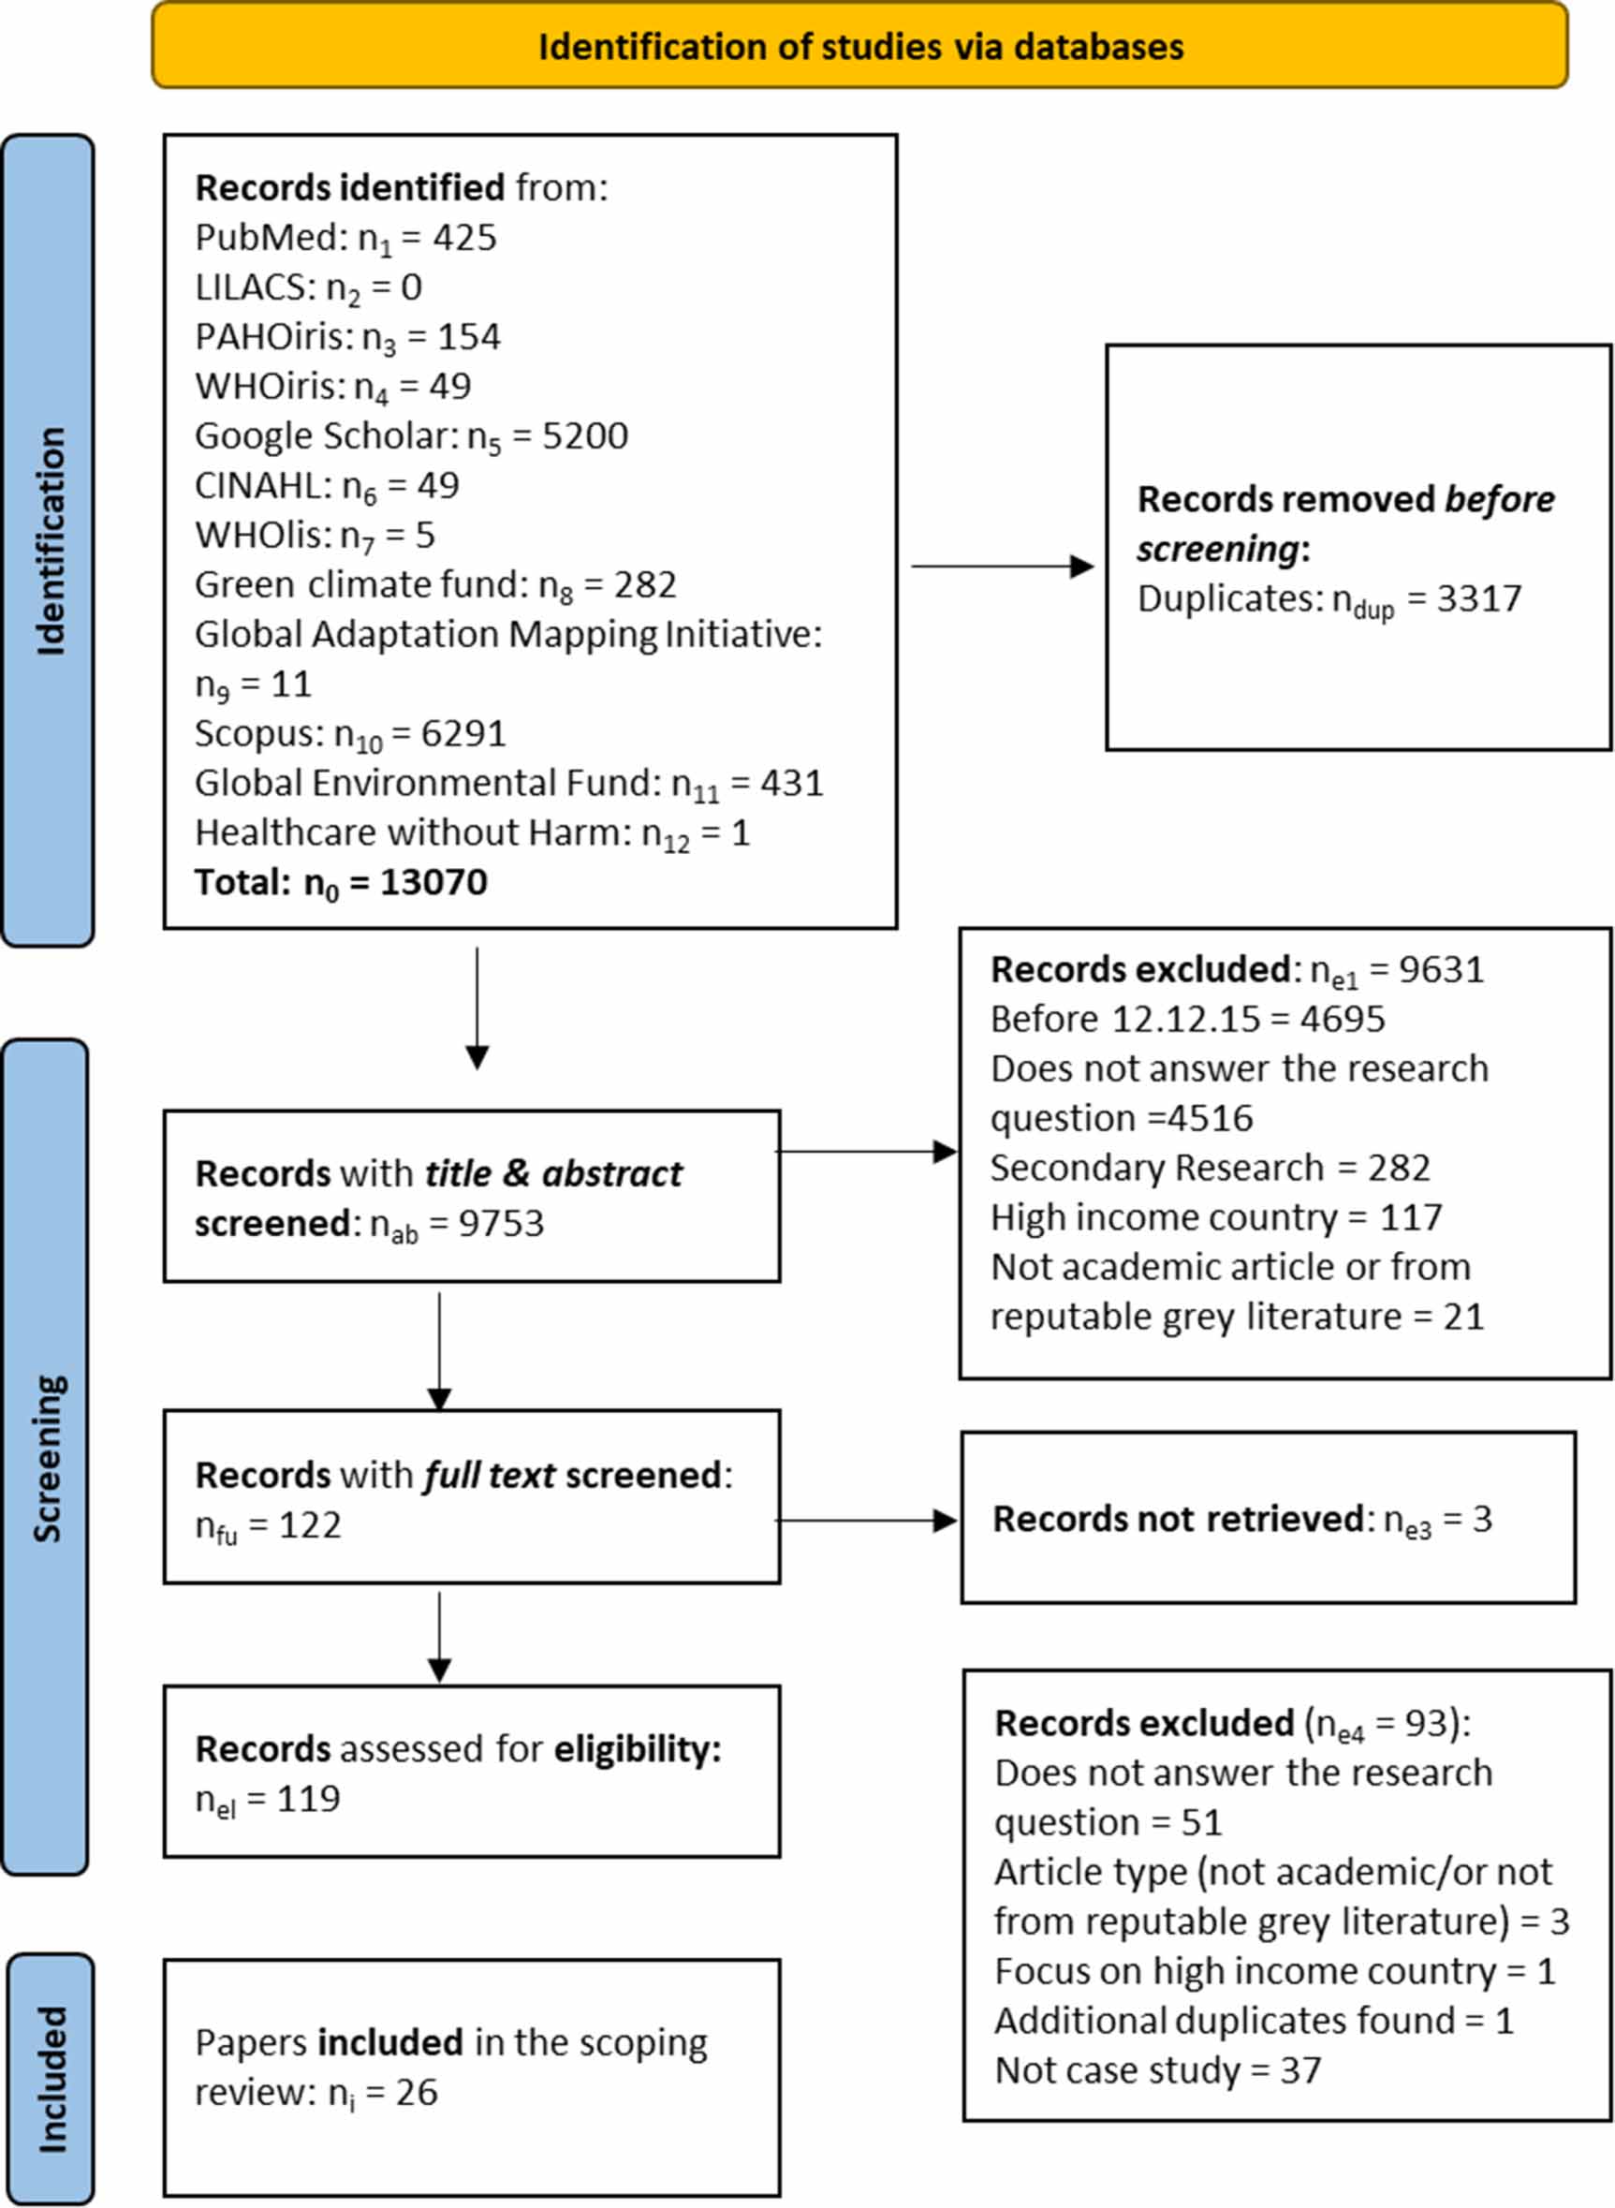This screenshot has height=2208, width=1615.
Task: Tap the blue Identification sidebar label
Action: [x=48, y=540]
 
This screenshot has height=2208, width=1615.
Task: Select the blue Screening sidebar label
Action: [x=46, y=1458]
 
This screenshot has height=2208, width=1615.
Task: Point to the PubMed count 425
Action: [x=464, y=238]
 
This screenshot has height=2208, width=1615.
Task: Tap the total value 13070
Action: [x=433, y=882]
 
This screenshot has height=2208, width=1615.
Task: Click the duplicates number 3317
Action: [x=1478, y=598]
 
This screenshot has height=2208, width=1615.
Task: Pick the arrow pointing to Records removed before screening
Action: [x=1002, y=567]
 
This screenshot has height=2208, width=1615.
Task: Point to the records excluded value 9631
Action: [x=1441, y=969]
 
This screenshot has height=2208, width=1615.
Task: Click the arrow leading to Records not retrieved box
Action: [x=866, y=1521]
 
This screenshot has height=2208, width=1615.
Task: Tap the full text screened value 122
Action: [x=310, y=1525]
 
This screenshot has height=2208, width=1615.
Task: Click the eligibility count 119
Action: [x=308, y=1798]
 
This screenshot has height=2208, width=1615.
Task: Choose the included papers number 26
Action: [x=417, y=2093]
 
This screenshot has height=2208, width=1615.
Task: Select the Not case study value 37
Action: [x=1300, y=2070]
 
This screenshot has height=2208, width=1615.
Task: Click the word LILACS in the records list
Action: [x=250, y=287]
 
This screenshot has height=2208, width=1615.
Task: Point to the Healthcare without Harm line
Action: [x=471, y=833]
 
